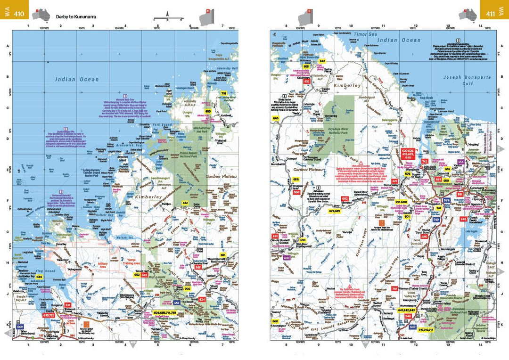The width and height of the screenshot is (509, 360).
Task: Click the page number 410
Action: (19, 14)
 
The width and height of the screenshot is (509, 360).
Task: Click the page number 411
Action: (490, 14)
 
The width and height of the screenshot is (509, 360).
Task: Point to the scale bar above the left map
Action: (168, 19)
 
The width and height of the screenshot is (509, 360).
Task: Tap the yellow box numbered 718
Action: (224, 93)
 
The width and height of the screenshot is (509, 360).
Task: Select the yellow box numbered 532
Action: (185, 203)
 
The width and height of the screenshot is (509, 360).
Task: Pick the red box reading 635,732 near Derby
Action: (49, 312)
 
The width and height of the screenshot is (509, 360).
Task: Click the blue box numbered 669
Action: (20, 326)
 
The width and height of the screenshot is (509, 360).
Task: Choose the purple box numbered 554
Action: (461, 162)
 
